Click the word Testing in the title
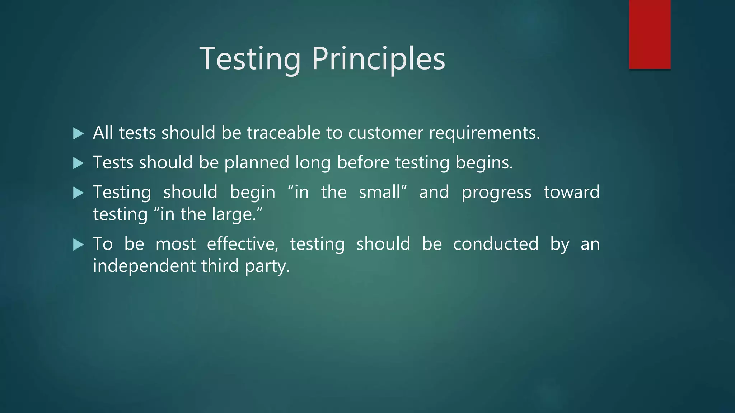(250, 59)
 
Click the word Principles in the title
(378, 59)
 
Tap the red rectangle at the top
(650, 34)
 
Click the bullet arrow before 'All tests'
(78, 134)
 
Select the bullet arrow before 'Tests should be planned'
(78, 163)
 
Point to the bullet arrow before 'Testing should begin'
(78, 193)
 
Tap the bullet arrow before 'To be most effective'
(78, 245)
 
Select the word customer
(385, 133)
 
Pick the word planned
(257, 163)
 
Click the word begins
(484, 163)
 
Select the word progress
(496, 193)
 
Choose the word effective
(242, 244)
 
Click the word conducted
(496, 244)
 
